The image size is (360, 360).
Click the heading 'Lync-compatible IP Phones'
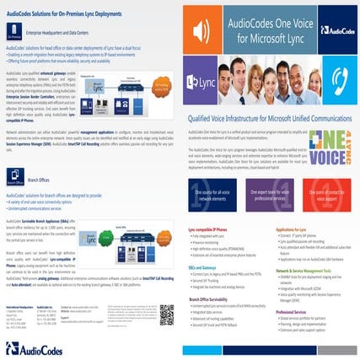point(207,228)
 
